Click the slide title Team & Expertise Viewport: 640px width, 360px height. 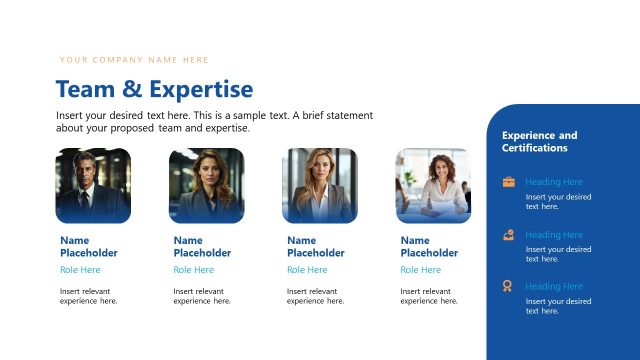point(154,89)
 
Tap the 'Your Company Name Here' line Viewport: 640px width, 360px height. point(134,60)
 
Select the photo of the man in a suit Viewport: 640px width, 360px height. point(93,185)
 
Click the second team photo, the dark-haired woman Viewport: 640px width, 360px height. point(206,185)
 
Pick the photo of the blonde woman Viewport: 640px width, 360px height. point(320,185)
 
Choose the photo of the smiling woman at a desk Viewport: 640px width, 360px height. point(433,185)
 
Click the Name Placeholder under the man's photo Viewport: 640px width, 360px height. point(88,246)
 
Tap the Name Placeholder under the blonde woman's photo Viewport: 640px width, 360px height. point(315,246)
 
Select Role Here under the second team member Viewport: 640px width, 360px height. point(193,270)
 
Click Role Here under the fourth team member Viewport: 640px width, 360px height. point(420,270)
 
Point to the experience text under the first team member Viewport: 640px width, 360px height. point(88,295)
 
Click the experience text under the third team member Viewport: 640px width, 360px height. point(315,295)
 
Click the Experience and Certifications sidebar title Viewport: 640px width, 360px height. point(540,141)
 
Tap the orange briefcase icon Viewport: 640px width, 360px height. point(509,182)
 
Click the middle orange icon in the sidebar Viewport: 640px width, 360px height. point(509,235)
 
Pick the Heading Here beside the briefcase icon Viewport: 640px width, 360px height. point(554,182)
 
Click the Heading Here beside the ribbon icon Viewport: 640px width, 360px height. point(554,287)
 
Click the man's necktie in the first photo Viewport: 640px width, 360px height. point(85,201)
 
